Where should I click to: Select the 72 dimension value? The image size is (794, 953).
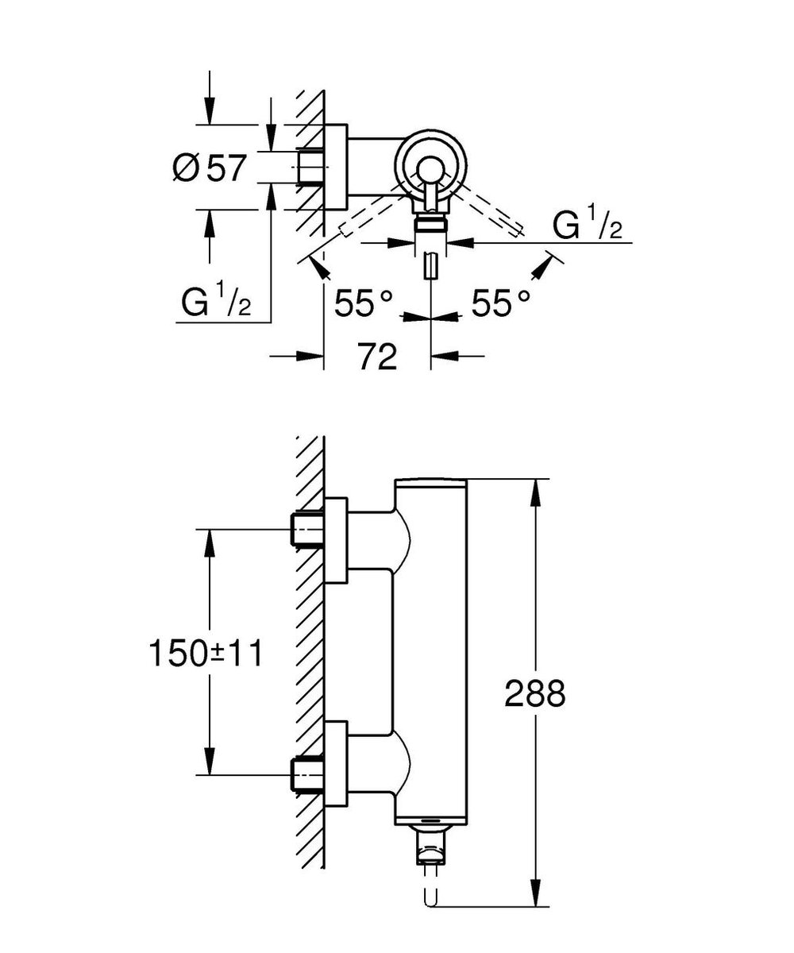[377, 357]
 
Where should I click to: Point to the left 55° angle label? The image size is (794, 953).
[363, 303]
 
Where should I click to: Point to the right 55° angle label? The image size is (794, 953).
[501, 303]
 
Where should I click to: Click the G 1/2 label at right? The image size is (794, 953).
[587, 227]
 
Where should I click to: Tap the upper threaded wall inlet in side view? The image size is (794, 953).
[307, 530]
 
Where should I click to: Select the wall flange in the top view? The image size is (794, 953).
[336, 167]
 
